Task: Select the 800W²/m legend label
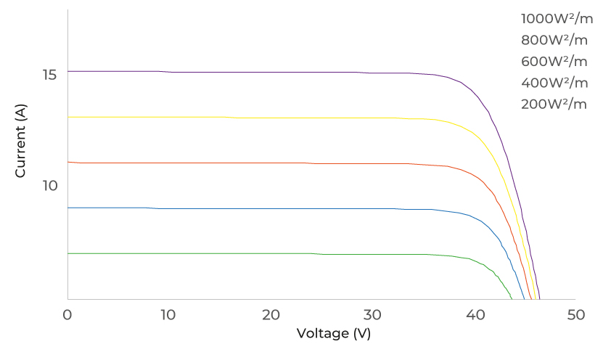pyautogui.click(x=554, y=39)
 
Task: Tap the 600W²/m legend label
pyautogui.click(x=554, y=61)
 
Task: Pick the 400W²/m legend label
pyautogui.click(x=554, y=83)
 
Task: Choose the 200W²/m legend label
pyautogui.click(x=554, y=104)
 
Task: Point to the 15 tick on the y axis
pyautogui.click(x=50, y=75)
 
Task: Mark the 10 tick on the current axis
pyautogui.click(x=50, y=185)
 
